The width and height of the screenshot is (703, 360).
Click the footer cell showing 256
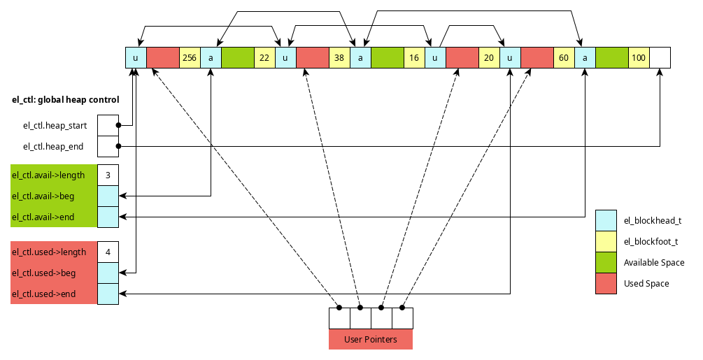point(190,58)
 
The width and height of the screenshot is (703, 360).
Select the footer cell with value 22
point(264,58)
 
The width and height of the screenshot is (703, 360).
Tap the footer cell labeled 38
point(339,58)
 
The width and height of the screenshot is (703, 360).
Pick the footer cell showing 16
point(414,58)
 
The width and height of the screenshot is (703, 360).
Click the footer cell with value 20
point(489,58)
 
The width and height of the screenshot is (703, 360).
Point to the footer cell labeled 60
point(564,58)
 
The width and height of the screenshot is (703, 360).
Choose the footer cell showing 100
point(639,58)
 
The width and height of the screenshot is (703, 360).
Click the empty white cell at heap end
point(660,58)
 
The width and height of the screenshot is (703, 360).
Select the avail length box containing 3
point(108,175)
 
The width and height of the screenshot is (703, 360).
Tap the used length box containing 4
point(108,252)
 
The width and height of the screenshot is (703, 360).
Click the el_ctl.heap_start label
point(55,126)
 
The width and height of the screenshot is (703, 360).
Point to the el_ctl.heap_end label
point(54,147)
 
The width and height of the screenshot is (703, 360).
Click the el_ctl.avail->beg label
point(43,196)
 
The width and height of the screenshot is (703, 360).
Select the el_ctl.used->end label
point(44,294)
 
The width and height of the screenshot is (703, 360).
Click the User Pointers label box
point(371,340)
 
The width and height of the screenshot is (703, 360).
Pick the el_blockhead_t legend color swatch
point(606,221)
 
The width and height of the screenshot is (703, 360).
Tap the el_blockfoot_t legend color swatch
point(606,242)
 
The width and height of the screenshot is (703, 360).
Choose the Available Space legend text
point(654,263)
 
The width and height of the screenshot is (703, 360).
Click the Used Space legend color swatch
point(606,284)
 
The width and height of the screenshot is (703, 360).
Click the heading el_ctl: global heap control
point(66,100)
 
